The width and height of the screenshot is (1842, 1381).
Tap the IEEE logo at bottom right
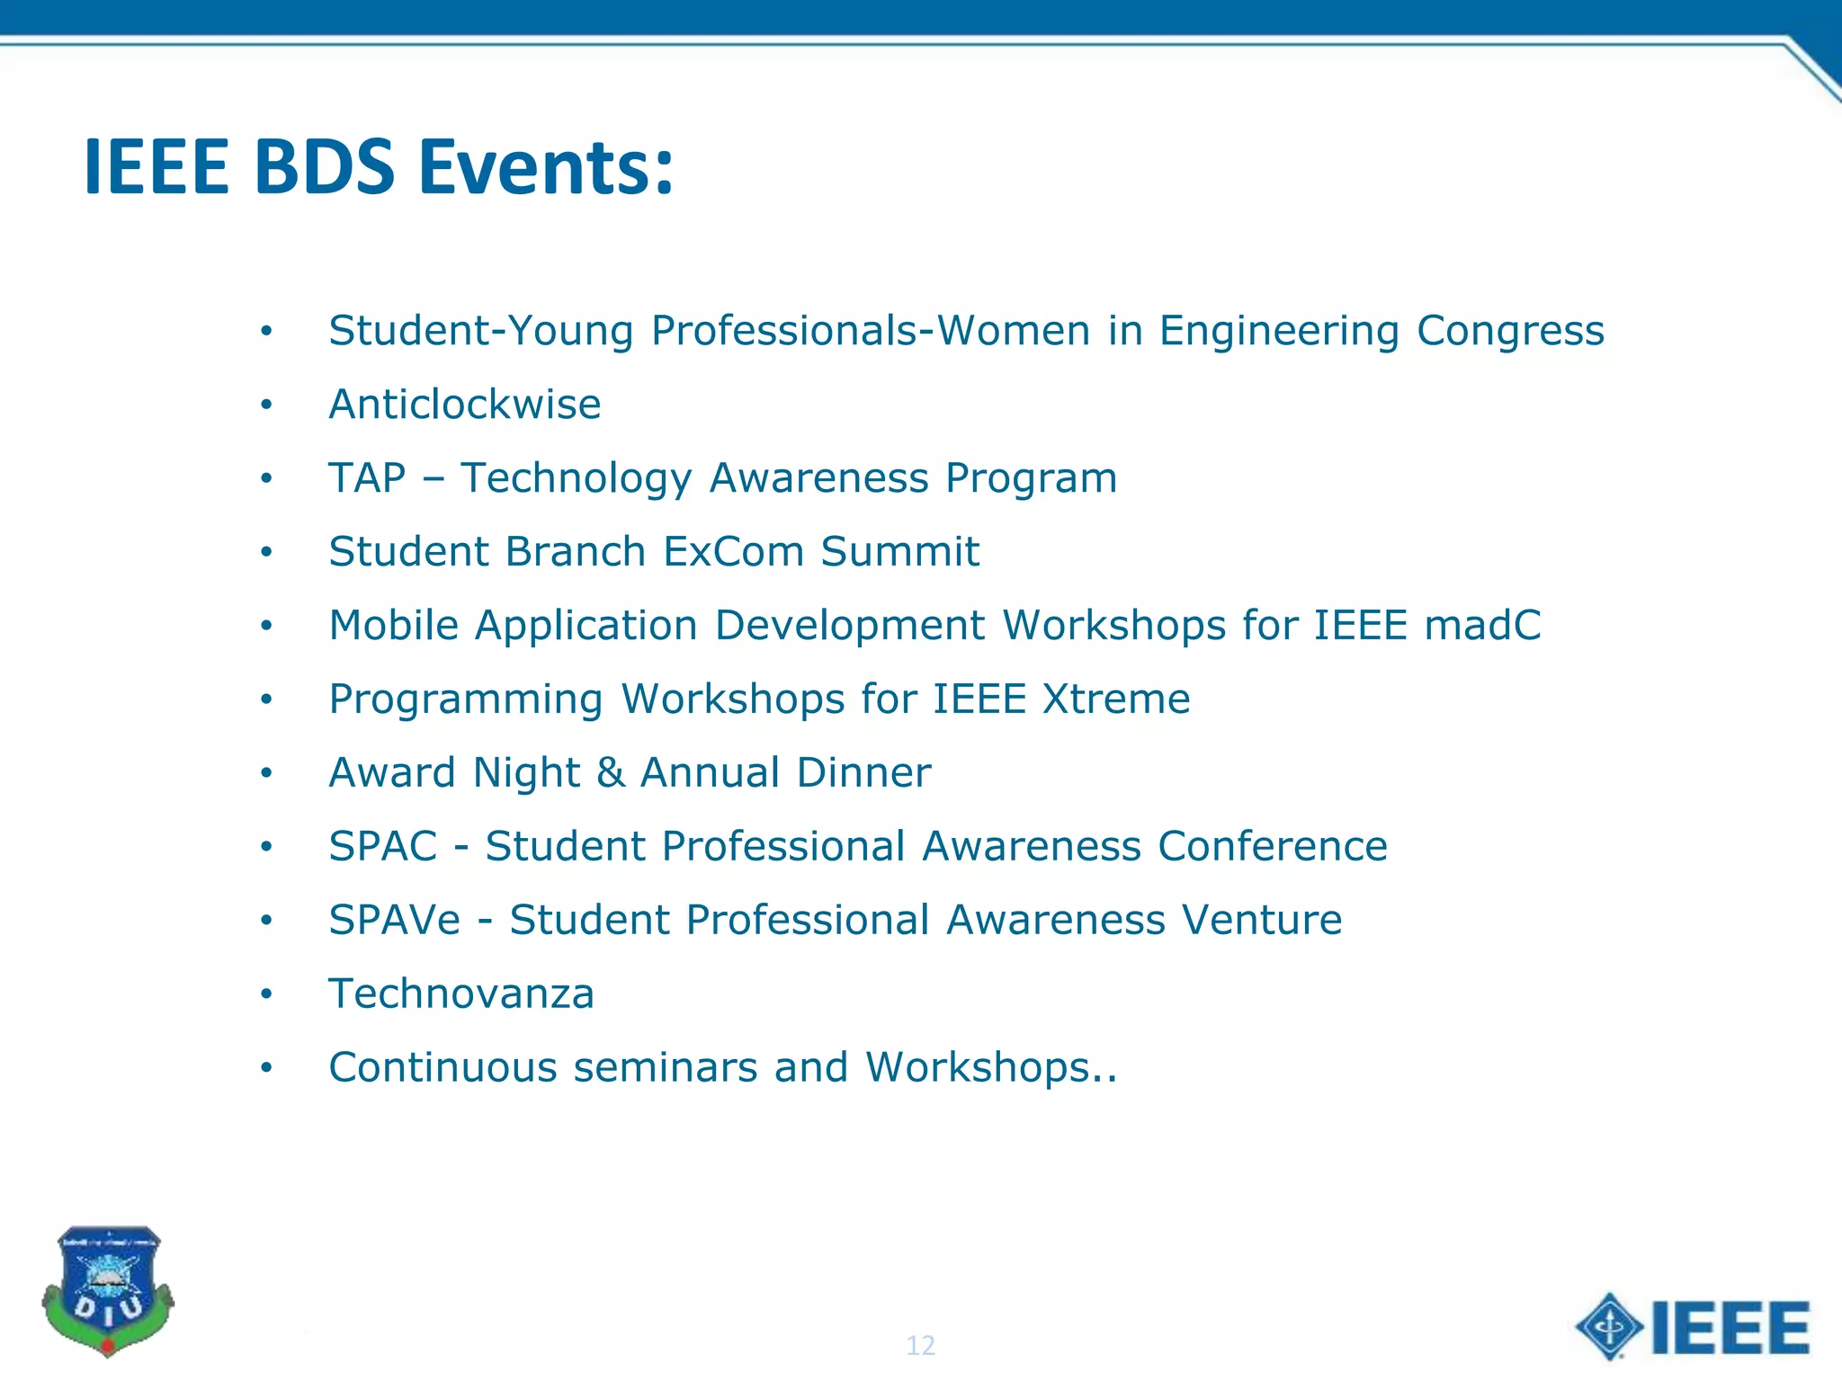pyautogui.click(x=1692, y=1328)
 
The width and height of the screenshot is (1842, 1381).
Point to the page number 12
pyautogui.click(x=920, y=1345)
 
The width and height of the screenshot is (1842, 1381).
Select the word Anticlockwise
pyautogui.click(x=464, y=405)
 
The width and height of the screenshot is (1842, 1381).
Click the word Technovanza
pyautogui.click(x=461, y=994)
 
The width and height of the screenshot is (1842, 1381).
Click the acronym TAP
pyautogui.click(x=367, y=478)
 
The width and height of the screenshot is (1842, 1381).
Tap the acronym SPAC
pyautogui.click(x=382, y=847)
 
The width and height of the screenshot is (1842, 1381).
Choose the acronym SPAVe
pyautogui.click(x=394, y=921)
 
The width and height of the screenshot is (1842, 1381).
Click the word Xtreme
pyautogui.click(x=1116, y=699)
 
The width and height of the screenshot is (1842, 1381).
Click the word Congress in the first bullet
pyautogui.click(x=1510, y=332)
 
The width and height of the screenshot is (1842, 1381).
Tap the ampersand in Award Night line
pyautogui.click(x=611, y=773)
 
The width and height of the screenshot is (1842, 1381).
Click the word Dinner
pyautogui.click(x=863, y=773)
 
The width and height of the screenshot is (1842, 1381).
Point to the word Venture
pyautogui.click(x=1261, y=921)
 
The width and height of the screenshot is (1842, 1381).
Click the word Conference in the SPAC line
pyautogui.click(x=1273, y=847)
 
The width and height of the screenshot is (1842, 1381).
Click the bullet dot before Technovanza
pyautogui.click(x=266, y=994)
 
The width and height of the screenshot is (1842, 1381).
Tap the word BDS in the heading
pyautogui.click(x=324, y=167)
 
